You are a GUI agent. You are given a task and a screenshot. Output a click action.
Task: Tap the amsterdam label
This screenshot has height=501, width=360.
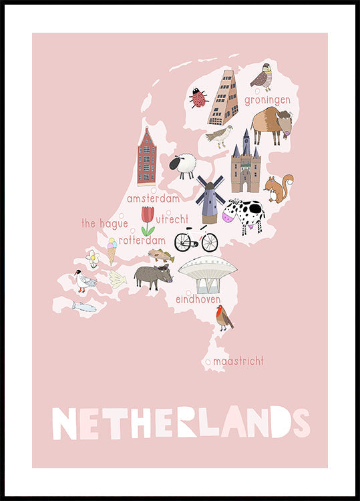(x=153, y=198)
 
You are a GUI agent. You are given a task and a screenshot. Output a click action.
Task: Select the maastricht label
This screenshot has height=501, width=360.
(x=238, y=361)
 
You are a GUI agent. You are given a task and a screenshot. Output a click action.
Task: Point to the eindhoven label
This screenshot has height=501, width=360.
(x=198, y=300)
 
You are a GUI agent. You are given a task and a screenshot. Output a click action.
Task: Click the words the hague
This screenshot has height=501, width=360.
(x=104, y=224)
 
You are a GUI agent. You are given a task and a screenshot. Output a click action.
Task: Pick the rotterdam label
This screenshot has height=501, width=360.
(x=142, y=240)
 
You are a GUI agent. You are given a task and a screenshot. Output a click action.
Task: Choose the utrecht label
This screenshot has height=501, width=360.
(x=172, y=218)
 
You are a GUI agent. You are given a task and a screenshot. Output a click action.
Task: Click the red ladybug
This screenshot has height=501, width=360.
(x=198, y=99)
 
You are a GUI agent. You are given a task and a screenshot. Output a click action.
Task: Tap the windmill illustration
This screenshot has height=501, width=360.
(x=210, y=197)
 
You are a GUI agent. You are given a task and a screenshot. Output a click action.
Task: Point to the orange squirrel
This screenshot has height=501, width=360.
(x=279, y=188)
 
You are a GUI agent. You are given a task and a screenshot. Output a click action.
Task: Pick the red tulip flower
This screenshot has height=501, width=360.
(x=148, y=220)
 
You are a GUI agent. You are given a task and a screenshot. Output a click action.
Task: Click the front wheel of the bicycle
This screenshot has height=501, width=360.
(x=209, y=242)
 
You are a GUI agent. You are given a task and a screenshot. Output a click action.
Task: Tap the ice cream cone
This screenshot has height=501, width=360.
(x=112, y=250)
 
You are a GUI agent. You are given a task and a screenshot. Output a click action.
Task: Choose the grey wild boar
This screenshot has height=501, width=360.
(x=152, y=275)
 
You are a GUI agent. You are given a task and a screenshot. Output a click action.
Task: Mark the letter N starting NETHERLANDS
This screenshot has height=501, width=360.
(x=65, y=422)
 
